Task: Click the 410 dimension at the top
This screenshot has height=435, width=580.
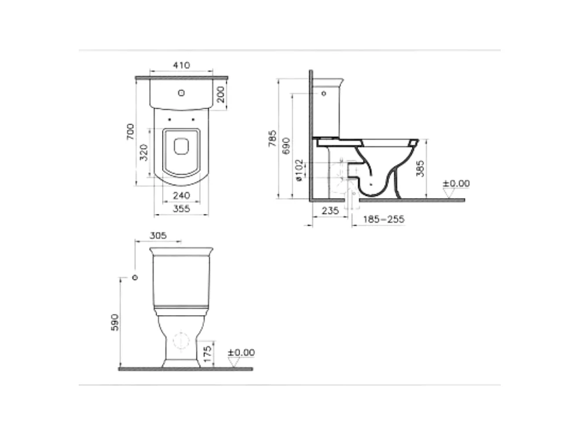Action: pos(181,65)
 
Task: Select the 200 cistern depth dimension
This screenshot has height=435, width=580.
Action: pos(221,94)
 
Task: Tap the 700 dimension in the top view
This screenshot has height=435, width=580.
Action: pos(131,132)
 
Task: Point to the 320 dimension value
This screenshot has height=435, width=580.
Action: pos(144,152)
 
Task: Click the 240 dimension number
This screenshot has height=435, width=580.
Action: pos(181,195)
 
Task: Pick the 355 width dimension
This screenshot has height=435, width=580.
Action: pos(181,209)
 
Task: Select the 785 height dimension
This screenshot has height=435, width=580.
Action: pos(272,138)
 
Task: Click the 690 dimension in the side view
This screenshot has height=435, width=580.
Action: pos(286,146)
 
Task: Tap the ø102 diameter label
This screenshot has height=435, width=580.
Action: pos(299,170)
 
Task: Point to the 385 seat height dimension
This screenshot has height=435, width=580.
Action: pos(420,168)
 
